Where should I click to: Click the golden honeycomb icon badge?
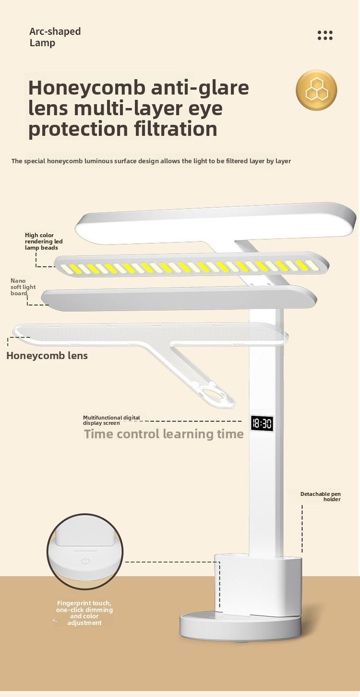tap(316, 90)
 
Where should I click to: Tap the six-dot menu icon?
tap(325, 35)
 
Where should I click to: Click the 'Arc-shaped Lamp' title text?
tap(55, 37)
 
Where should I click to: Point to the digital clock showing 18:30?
tap(262, 423)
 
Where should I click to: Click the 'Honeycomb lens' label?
tap(47, 356)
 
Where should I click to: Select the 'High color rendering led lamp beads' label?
tap(43, 241)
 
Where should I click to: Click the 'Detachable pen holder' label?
tap(321, 496)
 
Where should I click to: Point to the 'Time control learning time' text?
tap(164, 434)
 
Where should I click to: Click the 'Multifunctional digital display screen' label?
tap(111, 420)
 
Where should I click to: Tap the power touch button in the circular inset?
tap(85, 561)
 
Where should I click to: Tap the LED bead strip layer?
tap(192, 266)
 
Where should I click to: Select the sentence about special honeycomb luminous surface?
tap(151, 161)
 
